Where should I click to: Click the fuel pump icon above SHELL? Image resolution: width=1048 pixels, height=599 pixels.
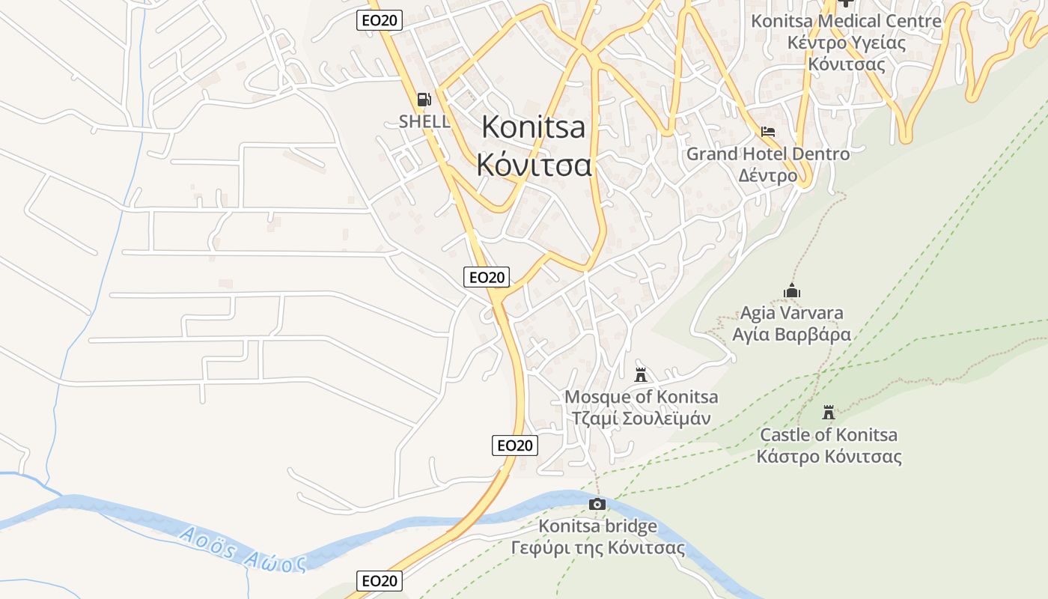[x=424, y=100]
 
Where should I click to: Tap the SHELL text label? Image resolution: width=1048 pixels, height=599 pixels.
[x=424, y=121]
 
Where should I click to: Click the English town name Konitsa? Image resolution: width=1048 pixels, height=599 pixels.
[x=533, y=127]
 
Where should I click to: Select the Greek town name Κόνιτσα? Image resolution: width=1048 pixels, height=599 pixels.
[x=534, y=165]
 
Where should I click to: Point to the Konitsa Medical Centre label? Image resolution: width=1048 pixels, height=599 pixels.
[x=846, y=21]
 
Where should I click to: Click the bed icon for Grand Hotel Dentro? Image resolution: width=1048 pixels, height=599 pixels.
[x=768, y=132]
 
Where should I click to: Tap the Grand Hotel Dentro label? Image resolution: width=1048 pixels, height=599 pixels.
[x=768, y=154]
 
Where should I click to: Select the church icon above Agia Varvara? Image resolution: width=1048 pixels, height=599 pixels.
[x=791, y=291]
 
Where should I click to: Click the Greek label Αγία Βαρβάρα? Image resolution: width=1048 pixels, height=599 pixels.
[x=791, y=334]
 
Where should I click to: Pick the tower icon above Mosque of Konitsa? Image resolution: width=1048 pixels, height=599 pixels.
[x=641, y=374]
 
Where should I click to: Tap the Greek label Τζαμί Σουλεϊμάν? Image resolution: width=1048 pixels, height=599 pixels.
[x=641, y=419]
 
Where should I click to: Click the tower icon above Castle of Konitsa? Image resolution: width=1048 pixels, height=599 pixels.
[x=828, y=412]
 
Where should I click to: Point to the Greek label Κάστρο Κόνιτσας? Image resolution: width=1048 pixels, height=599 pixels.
[x=829, y=457]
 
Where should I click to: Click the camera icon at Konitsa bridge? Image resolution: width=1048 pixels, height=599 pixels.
[x=597, y=504]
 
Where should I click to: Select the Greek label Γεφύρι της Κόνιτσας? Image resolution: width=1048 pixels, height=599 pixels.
[x=597, y=548]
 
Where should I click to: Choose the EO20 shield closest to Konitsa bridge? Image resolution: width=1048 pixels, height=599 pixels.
[x=515, y=446]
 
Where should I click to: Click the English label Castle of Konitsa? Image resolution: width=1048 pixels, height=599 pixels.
[x=829, y=435]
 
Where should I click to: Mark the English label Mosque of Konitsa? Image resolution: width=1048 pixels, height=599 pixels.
[x=641, y=397]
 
